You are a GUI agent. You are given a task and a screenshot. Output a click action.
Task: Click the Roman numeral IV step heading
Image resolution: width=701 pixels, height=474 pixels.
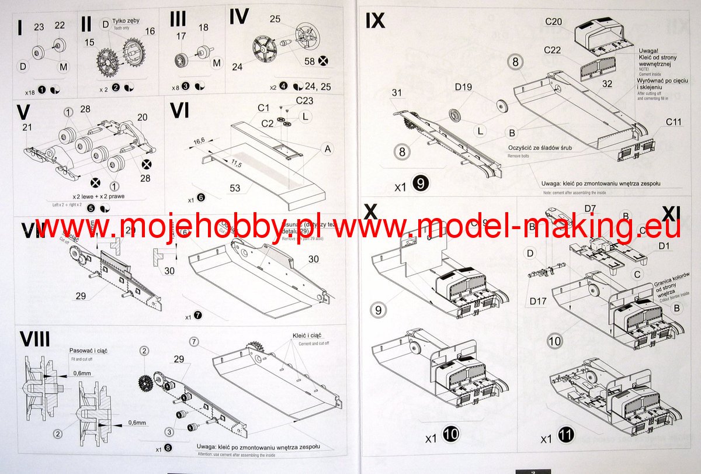coord(240,17)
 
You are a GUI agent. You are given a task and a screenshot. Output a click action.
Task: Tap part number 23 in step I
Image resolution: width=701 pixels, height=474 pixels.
coord(39,26)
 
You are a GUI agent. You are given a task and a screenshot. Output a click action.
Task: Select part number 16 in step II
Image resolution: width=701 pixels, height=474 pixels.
coord(150,31)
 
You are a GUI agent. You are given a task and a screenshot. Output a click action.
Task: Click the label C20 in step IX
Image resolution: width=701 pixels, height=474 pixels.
coord(553,22)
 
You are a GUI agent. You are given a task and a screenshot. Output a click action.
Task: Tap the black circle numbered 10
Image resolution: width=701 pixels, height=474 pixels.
coord(452,434)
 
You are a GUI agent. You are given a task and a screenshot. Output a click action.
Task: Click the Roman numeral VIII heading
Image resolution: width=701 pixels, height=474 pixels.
coord(34,339)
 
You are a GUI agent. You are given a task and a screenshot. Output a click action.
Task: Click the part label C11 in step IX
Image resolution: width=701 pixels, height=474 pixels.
coord(674,122)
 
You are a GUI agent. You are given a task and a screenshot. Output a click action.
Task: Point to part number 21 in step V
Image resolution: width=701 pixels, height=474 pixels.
coord(26,127)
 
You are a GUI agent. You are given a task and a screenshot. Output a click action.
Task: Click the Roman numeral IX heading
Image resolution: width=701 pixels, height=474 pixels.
coord(375,20)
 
